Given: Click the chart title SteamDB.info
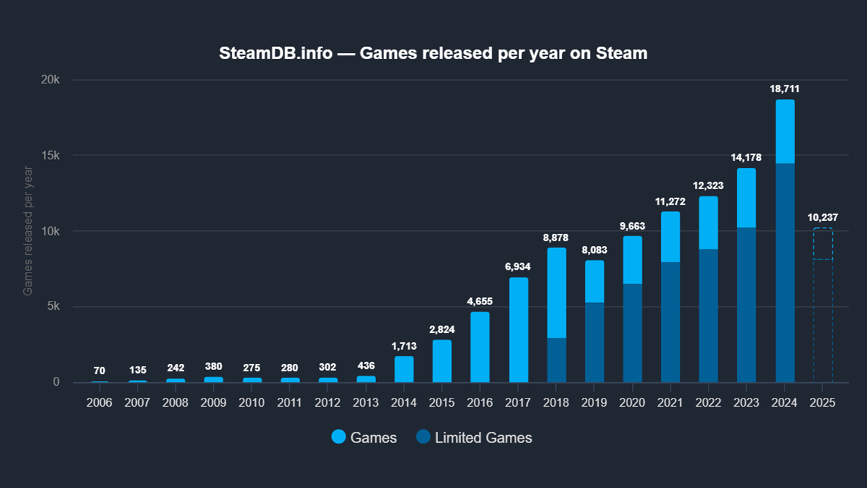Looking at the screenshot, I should pos(433,53).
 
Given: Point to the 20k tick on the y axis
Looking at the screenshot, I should pos(51,80).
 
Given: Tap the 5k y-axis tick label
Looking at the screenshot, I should pos(53,306).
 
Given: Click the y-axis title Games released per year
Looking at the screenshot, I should pos(28,231).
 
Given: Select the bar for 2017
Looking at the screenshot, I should pos(519,330).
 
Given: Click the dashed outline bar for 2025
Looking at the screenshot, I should pos(823,305).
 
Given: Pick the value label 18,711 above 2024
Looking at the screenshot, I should pos(785,89).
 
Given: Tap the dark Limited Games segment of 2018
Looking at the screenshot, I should pos(557,360).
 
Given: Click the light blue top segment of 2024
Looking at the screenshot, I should pos(785,131).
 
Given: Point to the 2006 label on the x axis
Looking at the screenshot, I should pos(100,402).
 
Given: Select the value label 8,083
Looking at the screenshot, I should pos(594,249).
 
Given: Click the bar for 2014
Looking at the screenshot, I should pos(404,369).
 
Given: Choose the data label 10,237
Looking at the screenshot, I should pos(823,218).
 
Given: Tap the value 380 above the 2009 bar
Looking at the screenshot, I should pos(213,367).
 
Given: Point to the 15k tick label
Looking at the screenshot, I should pos(51,155).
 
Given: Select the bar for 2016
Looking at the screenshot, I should pos(480,347).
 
